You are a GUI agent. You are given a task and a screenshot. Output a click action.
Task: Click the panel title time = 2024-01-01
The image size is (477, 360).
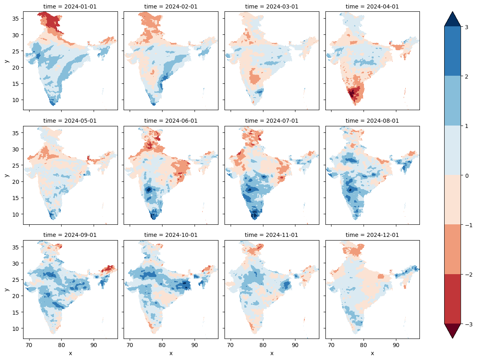70,6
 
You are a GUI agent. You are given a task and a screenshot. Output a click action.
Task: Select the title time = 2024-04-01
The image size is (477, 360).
372,6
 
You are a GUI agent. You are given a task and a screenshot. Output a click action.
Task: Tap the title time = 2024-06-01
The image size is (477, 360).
171,121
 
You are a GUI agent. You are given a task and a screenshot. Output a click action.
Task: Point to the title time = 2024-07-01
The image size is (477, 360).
272,121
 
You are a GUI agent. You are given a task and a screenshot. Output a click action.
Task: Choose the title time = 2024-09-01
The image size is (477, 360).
70,235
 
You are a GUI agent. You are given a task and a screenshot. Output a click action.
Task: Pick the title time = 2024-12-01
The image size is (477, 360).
372,235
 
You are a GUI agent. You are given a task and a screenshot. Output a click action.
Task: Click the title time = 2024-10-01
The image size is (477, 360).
171,235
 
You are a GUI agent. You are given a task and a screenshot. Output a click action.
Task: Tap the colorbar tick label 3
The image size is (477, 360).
466,27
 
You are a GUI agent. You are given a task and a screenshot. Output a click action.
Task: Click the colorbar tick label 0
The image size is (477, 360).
466,175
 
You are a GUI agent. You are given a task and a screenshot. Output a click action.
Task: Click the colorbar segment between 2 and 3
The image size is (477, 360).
452,51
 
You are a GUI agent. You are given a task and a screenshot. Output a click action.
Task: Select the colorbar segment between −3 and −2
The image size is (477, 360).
452,299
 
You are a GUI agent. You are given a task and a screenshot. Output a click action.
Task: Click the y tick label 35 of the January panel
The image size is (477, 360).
15,19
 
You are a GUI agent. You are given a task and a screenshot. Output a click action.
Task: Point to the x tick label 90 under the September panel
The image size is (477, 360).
94,345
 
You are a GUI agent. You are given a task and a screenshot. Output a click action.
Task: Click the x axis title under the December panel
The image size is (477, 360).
372,353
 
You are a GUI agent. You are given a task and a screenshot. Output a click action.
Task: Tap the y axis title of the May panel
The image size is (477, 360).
7,175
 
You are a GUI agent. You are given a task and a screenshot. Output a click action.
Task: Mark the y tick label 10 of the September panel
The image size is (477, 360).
15,329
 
